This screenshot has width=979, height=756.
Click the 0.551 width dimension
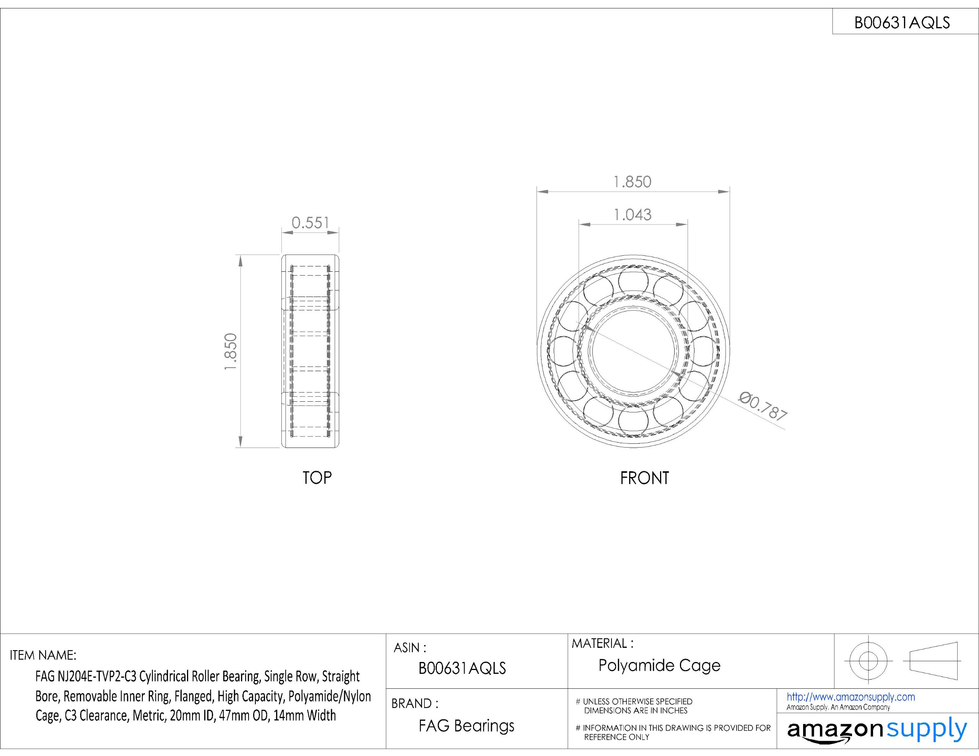pos(310,223)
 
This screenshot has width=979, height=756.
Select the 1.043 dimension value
pos(633,215)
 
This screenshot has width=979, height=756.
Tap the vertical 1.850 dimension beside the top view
pos(230,351)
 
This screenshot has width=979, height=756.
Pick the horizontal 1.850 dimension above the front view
pos(632,182)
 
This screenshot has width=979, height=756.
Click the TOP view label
pos(317,478)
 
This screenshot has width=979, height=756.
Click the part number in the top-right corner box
pos(902,23)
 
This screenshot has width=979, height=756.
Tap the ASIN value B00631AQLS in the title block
pos(462,668)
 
